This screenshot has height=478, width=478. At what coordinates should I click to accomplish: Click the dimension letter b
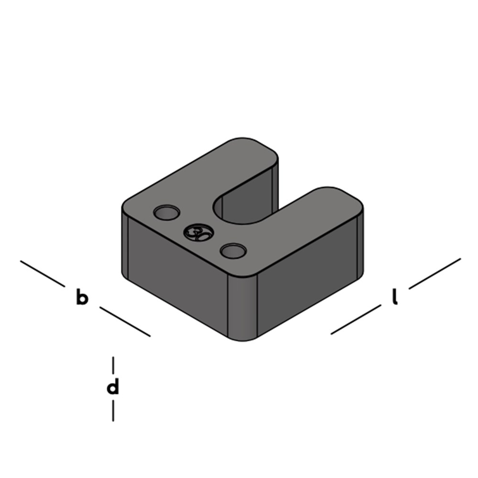tap(82, 297)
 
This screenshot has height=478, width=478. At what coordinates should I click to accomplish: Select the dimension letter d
tap(113, 387)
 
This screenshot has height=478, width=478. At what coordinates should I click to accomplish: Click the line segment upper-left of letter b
tap(43, 273)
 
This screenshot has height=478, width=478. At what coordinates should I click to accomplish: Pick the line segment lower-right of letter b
tap(125, 322)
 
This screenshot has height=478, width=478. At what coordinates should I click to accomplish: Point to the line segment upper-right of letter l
tap(435, 273)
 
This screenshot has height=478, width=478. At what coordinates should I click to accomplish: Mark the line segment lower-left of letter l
tap(356, 319)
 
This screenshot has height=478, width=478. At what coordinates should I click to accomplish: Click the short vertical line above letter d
tap(113, 365)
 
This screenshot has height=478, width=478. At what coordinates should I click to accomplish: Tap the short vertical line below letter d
tap(113, 411)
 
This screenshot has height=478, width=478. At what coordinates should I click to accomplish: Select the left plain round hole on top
tap(166, 212)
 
